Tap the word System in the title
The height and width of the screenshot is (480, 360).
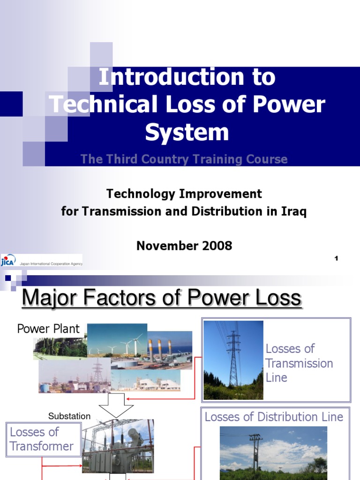point(187,132)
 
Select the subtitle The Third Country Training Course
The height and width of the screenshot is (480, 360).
point(184,159)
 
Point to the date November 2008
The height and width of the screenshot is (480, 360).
point(184,246)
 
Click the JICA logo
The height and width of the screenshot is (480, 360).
point(9,261)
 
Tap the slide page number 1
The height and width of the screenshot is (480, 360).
point(336,259)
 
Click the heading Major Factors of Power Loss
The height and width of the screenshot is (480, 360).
point(161,298)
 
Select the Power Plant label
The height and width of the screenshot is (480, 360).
point(48,329)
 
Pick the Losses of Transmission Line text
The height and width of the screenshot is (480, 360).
point(299,363)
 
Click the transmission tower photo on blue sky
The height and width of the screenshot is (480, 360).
point(233,360)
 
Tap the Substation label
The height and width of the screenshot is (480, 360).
point(69,416)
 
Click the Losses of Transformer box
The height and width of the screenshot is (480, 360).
point(42,439)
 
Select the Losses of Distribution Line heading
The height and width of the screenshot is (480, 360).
point(274,417)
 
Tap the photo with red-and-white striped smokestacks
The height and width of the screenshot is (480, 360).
point(170,349)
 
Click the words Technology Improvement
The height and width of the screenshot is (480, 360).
point(184,194)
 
